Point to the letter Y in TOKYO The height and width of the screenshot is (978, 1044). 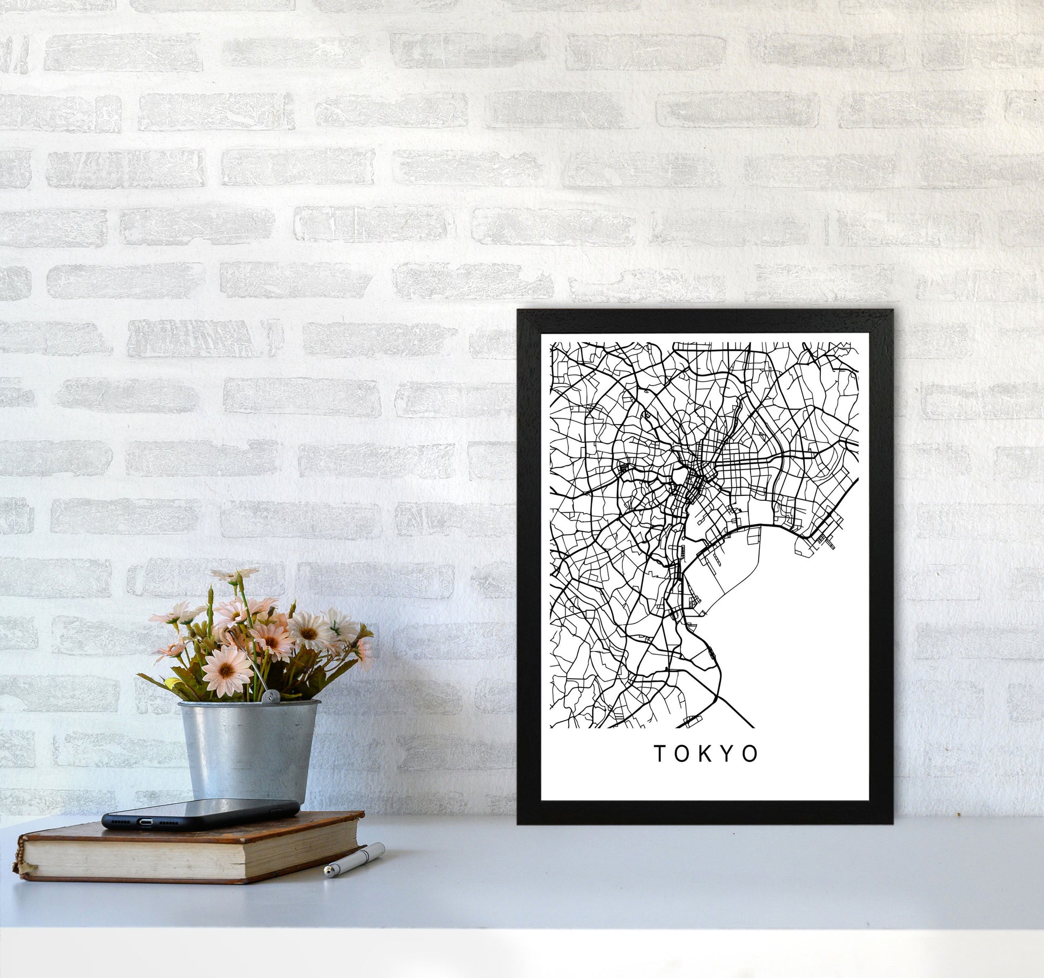pos(728,754)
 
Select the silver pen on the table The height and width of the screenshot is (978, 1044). pos(354,860)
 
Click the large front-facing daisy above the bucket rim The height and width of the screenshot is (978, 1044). pos(227,668)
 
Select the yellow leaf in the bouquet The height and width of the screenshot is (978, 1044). pos(173,682)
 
